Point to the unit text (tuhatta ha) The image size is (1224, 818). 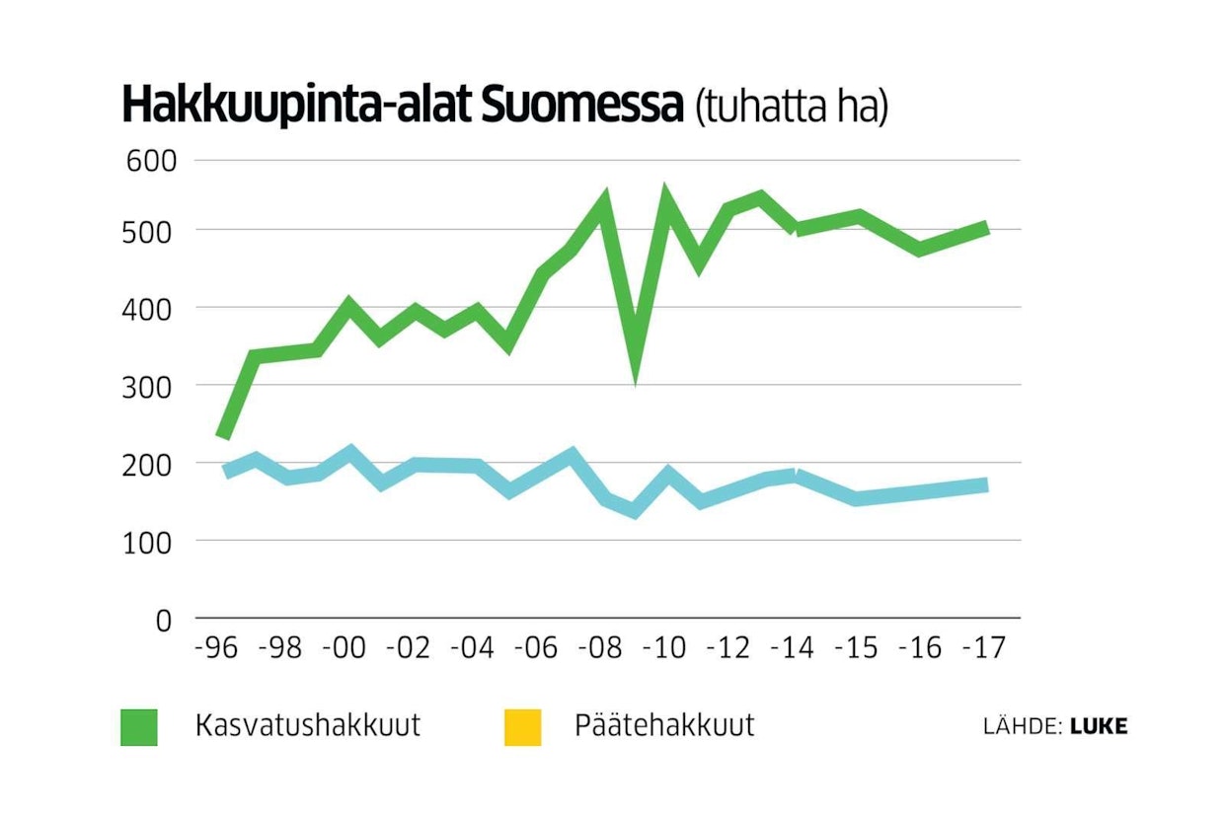tap(791, 108)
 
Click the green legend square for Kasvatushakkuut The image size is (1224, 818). tap(139, 727)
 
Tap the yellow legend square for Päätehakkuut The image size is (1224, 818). tap(522, 727)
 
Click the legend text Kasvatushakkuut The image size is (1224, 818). tap(308, 725)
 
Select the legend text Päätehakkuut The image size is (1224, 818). tap(664, 725)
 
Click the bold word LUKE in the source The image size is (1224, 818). tap(1099, 727)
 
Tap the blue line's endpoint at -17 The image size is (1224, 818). tap(984, 484)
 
